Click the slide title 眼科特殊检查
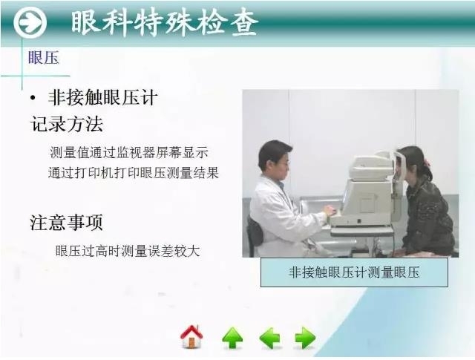[165, 24]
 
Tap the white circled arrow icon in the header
[29, 24]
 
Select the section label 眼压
[43, 58]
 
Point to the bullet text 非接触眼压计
[102, 99]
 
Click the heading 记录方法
[66, 123]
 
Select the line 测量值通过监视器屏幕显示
[129, 152]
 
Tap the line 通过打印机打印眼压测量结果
[134, 173]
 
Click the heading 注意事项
[66, 222]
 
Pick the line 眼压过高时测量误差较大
[128, 251]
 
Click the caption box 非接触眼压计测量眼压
[354, 272]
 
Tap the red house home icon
[191, 337]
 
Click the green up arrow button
[232, 338]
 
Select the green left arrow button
[269, 338]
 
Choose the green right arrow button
[305, 338]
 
